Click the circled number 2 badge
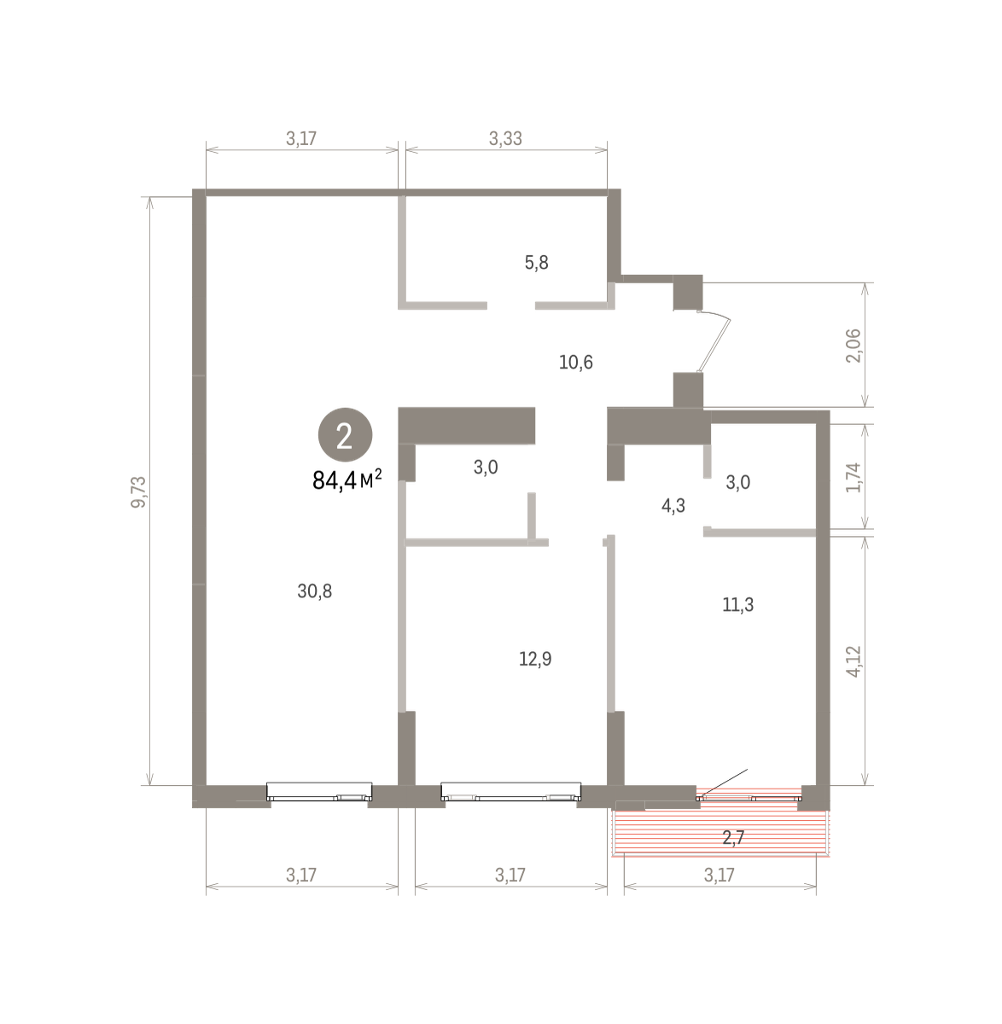click(x=345, y=434)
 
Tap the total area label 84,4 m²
click(x=347, y=480)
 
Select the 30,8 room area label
click(x=315, y=591)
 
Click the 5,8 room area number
click(x=536, y=262)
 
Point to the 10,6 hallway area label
click(x=576, y=362)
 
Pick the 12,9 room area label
click(x=535, y=658)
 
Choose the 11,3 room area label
click(x=737, y=605)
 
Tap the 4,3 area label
click(x=673, y=506)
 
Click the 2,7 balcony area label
click(x=733, y=837)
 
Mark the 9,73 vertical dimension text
click(x=139, y=492)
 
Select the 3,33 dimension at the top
click(x=506, y=138)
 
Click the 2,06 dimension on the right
click(x=853, y=346)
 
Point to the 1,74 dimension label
click(x=853, y=477)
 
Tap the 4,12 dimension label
click(x=853, y=661)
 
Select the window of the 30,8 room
click(x=319, y=791)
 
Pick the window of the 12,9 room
click(x=511, y=791)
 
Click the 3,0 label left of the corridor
click(x=486, y=467)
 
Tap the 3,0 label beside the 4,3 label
click(x=737, y=482)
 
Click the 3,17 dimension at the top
click(x=301, y=138)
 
